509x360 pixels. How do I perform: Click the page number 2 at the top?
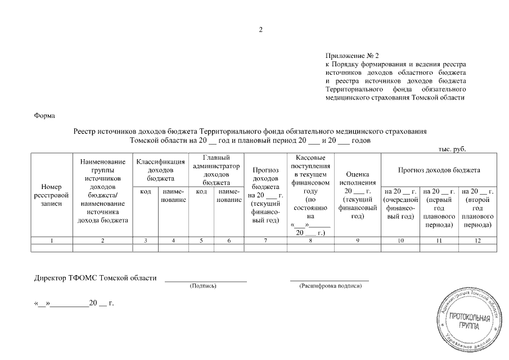click(x=260, y=30)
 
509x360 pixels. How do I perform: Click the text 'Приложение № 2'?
click(x=353, y=56)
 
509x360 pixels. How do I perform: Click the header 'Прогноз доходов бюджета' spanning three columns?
click(x=439, y=169)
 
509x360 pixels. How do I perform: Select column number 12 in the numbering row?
click(x=478, y=241)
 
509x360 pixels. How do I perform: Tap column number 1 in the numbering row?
click(x=52, y=241)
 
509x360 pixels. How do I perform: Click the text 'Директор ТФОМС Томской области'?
click(x=96, y=278)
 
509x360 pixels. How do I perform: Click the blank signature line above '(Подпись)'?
click(x=205, y=280)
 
